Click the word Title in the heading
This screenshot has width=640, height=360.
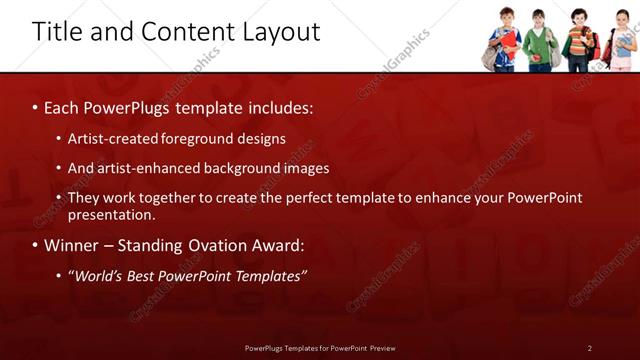56,32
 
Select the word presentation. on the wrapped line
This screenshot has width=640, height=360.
112,214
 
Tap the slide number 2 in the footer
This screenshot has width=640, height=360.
589,348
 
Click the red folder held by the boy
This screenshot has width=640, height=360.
510,41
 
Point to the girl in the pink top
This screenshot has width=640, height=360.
622,42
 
